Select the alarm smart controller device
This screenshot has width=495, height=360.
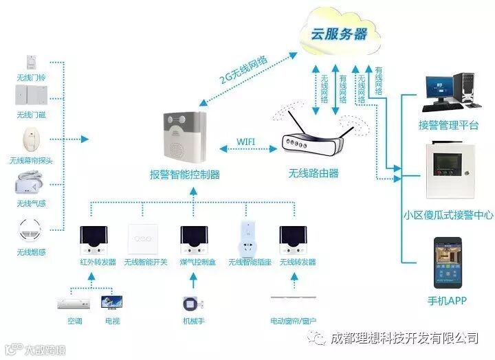click(185, 137)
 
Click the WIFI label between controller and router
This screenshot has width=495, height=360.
click(246, 141)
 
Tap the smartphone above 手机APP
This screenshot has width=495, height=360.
click(448, 263)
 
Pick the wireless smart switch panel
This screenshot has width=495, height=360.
click(145, 239)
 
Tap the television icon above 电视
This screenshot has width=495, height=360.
click(111, 302)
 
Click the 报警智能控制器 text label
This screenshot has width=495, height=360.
click(185, 175)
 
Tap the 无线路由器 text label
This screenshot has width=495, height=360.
click(313, 173)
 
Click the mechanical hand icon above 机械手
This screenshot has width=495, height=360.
click(192, 302)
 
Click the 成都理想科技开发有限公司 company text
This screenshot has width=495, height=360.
click(404, 338)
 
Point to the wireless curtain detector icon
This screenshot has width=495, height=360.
click(31, 139)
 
